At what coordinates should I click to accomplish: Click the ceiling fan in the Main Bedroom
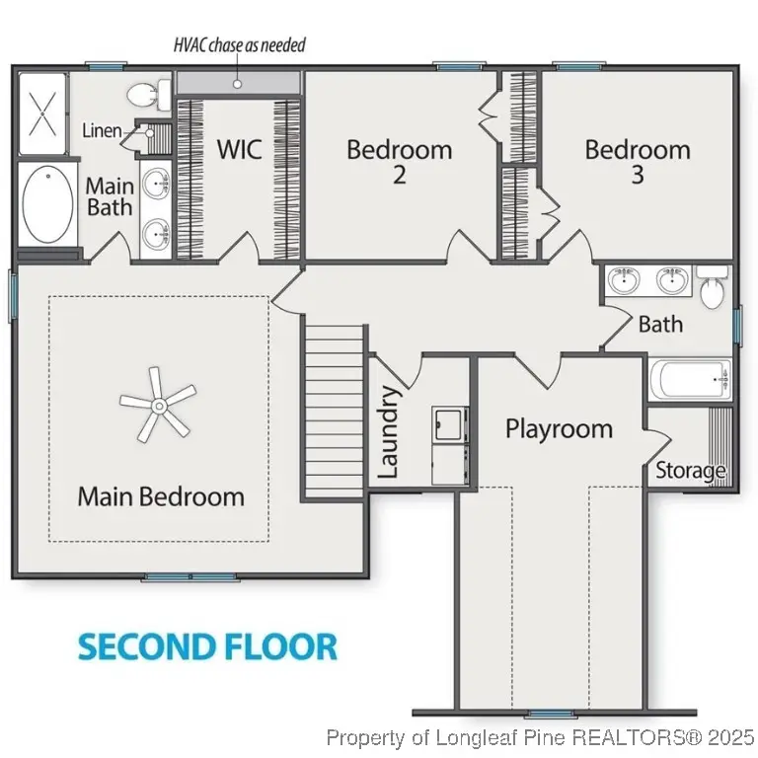158,405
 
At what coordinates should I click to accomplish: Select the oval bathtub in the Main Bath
47,204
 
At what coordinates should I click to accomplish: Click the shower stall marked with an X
42,114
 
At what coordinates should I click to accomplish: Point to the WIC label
239,148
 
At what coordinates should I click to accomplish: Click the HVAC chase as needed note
240,45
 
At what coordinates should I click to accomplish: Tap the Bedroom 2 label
400,162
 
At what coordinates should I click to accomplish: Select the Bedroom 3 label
638,162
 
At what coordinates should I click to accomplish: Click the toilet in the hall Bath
713,287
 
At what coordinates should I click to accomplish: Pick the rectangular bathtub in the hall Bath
690,379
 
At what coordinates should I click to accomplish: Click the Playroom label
559,429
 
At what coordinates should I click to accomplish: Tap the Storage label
690,471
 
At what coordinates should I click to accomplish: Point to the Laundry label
388,431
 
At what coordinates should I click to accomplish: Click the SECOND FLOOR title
207,646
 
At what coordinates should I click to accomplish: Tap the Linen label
102,130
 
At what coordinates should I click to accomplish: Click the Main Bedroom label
161,496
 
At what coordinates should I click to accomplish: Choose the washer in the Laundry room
450,424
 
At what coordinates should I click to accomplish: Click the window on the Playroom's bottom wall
550,714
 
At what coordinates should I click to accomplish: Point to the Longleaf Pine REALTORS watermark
540,738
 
